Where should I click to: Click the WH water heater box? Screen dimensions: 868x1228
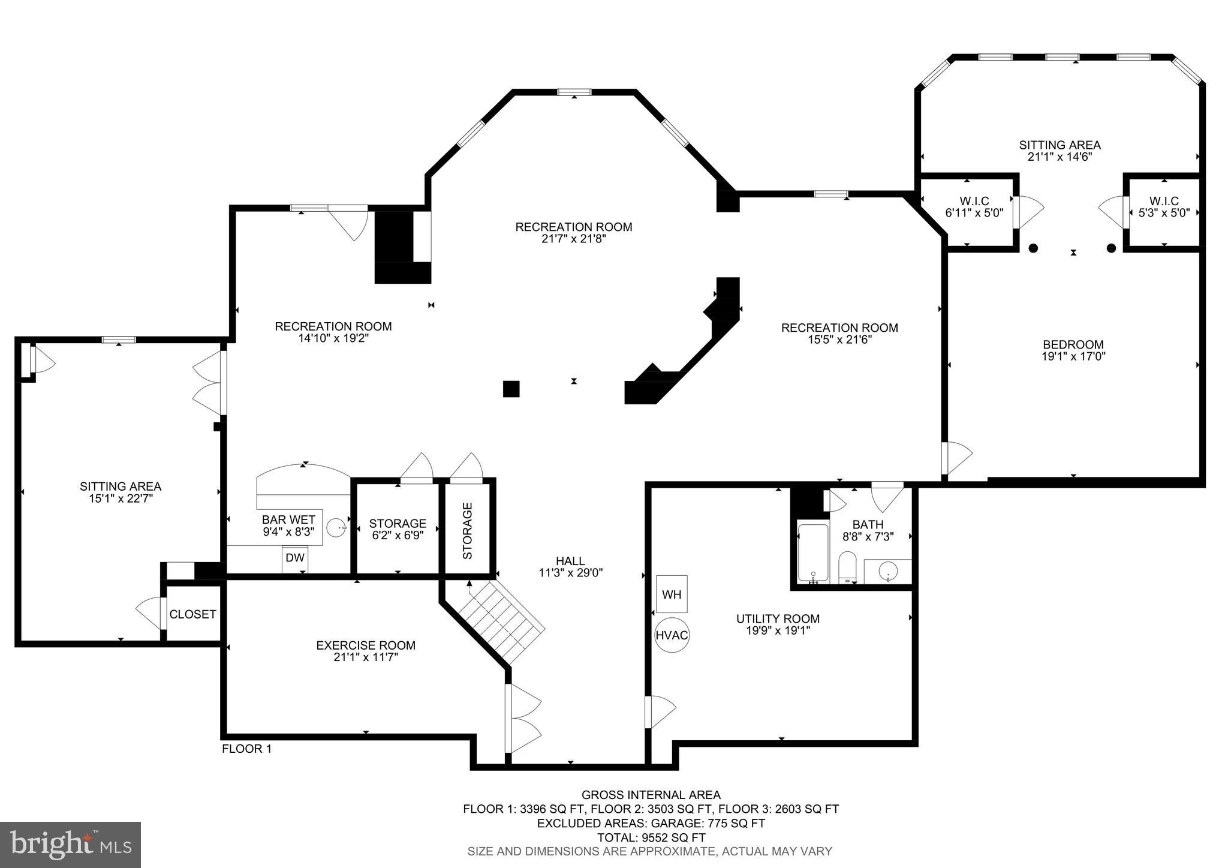pos(672,594)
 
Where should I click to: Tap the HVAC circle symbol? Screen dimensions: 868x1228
pos(672,635)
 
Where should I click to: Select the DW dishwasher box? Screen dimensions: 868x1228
pos(294,558)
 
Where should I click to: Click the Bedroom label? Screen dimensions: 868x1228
pos(1073,345)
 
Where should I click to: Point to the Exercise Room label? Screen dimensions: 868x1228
pos(365,645)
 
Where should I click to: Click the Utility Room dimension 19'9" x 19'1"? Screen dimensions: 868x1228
pos(777,630)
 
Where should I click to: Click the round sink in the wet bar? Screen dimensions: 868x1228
pos(336,528)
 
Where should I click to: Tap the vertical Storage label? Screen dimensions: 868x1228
pos(468,531)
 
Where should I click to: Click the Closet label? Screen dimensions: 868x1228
pos(192,614)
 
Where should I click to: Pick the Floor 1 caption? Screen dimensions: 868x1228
pos(246,749)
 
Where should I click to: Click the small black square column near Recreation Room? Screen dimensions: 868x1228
pos(511,389)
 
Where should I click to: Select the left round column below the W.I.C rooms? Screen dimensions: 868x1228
pos(1033,248)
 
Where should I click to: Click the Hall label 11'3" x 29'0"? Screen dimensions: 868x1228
pos(570,566)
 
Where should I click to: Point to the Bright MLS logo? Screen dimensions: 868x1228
pos(71,845)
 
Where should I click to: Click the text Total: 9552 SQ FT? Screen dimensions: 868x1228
pos(651,837)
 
